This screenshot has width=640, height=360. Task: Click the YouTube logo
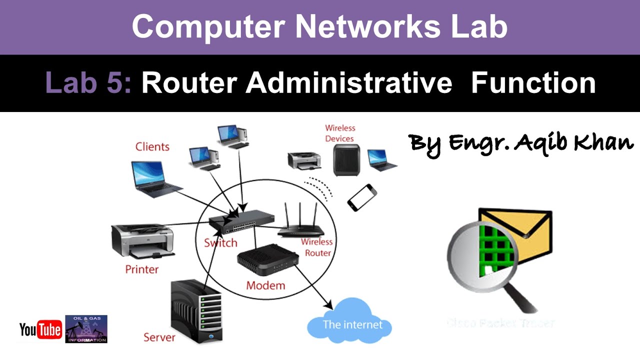(40, 330)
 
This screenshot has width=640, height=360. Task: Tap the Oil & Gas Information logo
(86, 329)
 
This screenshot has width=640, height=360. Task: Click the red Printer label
(141, 269)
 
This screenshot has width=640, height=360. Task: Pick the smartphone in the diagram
(361, 197)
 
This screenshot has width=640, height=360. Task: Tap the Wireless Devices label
(340, 133)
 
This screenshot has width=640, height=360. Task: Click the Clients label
(152, 147)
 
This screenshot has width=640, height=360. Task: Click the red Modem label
(265, 285)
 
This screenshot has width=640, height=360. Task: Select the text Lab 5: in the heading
(88, 83)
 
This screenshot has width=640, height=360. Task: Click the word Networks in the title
(364, 27)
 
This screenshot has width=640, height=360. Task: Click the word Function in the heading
(533, 83)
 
